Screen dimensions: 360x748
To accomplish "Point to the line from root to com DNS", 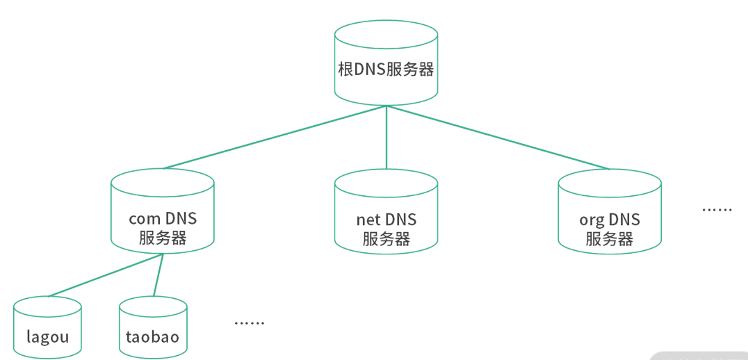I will [x=275, y=138].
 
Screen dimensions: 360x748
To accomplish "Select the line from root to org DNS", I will [x=498, y=138].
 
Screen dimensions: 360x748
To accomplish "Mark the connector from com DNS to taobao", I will [x=158, y=275].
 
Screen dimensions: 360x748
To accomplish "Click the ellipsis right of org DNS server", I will [x=717, y=209].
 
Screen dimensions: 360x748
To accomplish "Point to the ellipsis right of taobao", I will [x=250, y=322].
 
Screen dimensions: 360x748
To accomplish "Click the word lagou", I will [x=47, y=338].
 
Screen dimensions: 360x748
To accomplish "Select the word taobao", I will [x=153, y=338].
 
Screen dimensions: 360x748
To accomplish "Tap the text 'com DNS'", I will [x=163, y=219].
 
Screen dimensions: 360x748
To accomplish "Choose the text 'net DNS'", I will [x=386, y=220].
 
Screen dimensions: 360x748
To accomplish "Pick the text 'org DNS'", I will [x=610, y=220].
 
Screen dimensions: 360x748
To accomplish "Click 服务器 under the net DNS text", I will [x=386, y=239].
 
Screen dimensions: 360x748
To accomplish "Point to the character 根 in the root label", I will [x=345, y=69].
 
